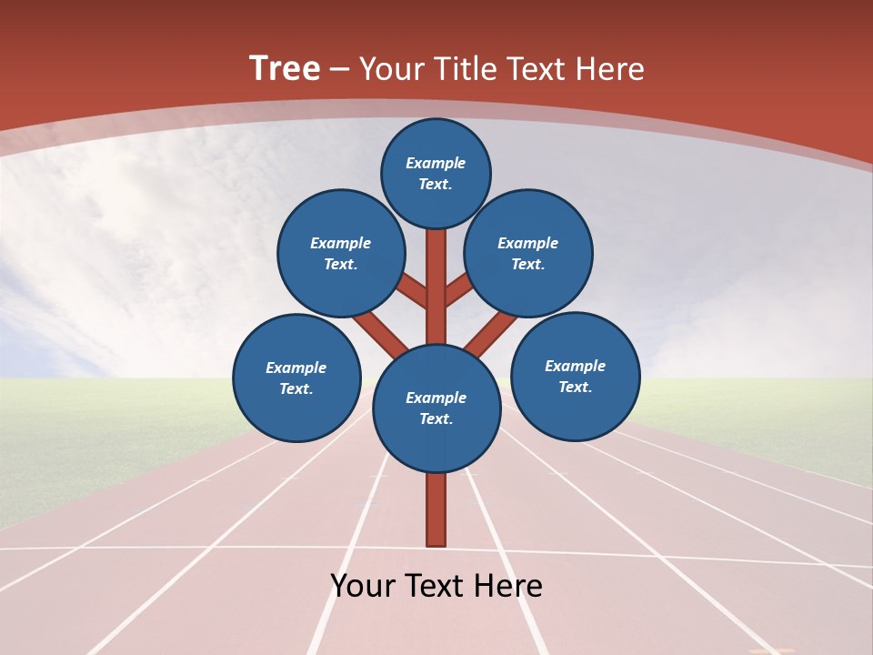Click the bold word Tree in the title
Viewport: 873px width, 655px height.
pos(285,69)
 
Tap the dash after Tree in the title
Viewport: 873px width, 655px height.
pos(339,70)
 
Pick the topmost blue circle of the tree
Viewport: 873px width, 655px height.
pos(436,173)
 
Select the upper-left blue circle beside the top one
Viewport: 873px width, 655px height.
pos(341,253)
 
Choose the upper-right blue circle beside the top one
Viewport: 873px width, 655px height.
pos(528,253)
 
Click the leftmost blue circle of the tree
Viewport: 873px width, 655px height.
pos(296,378)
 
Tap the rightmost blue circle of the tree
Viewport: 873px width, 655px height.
pos(576,376)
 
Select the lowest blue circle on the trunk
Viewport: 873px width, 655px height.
pos(436,408)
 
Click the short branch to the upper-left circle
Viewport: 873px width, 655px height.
pos(414,293)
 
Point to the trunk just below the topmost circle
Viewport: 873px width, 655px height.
pos(436,255)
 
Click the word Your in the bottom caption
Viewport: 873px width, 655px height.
pos(361,586)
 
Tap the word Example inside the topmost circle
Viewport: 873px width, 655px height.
pos(436,164)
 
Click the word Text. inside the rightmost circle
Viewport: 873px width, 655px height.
pos(575,387)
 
